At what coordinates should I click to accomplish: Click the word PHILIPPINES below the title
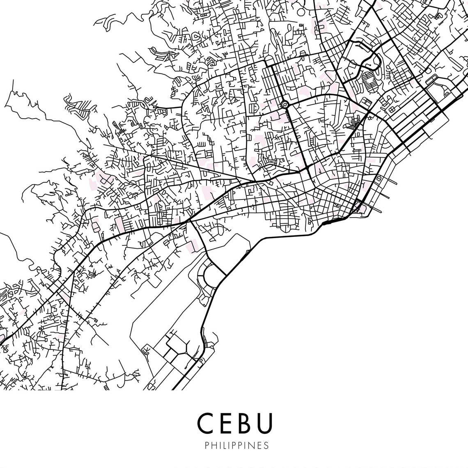click(236, 445)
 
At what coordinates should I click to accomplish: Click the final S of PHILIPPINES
click(266, 445)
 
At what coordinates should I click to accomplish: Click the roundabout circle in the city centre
click(284, 105)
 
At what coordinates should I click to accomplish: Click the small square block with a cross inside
click(379, 179)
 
